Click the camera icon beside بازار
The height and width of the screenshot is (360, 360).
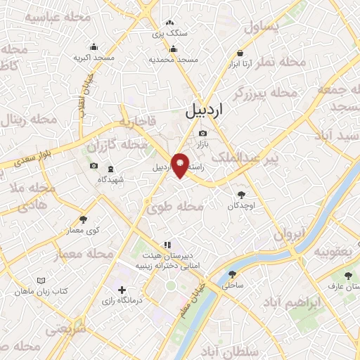(203, 134)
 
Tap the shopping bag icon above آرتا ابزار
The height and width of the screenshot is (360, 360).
(240, 53)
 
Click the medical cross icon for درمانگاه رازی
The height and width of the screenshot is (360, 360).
(122, 289)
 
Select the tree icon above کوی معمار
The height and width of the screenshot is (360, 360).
(83, 219)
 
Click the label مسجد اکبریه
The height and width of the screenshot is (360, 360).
(93, 58)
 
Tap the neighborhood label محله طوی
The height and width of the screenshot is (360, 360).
(175, 207)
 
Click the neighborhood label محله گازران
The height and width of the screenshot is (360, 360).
(125, 145)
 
